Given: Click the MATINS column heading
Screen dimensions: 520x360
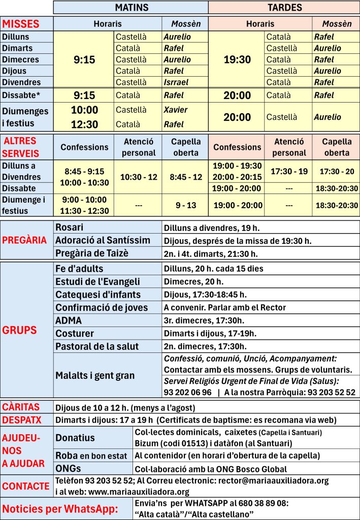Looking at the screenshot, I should tap(131, 7).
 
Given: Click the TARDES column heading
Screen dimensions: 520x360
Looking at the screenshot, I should tap(284, 7).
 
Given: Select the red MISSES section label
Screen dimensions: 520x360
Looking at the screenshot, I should tap(20, 24).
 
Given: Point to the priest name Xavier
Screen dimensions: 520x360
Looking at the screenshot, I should tap(175, 110).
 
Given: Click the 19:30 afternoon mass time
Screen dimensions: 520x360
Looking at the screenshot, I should tap(237, 59).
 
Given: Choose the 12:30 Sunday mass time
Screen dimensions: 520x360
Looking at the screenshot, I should tap(84, 124).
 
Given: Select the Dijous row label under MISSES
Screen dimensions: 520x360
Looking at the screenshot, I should tap(14, 71).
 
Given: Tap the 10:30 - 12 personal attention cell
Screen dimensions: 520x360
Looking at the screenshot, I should tap(139, 177).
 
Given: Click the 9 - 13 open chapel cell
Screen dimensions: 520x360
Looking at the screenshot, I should tap(186, 205).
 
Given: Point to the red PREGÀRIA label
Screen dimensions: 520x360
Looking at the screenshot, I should tap(24, 240).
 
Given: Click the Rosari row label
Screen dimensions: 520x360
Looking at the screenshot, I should tap(69, 227).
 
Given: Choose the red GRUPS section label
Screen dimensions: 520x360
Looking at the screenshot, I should tap(20, 330).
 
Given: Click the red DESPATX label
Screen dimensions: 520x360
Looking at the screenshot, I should tap(21, 420).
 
